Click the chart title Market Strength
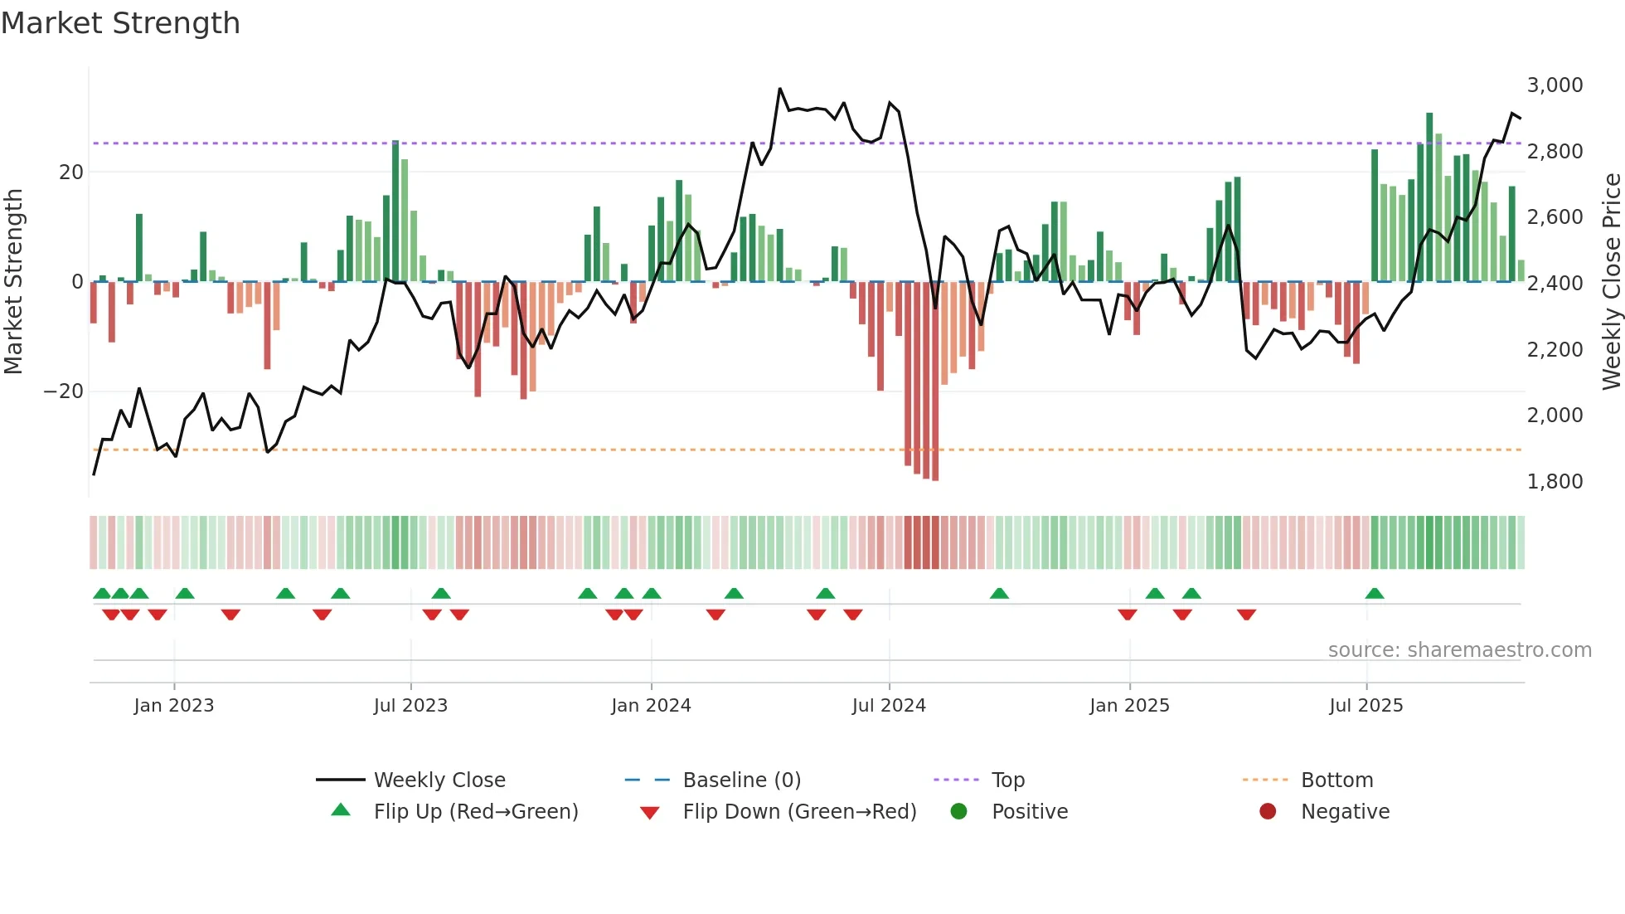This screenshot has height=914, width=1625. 120,23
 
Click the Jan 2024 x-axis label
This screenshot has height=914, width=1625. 651,706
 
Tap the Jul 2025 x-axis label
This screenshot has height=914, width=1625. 1365,706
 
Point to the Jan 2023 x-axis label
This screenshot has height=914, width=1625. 174,706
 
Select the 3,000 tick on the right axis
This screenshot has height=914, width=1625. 1555,85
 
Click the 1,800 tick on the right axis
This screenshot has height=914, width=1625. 1555,482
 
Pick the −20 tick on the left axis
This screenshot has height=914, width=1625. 64,391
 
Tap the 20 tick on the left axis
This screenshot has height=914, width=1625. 71,173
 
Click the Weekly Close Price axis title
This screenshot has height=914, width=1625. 1611,282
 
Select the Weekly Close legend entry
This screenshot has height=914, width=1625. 439,780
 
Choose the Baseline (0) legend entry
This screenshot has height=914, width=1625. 741,780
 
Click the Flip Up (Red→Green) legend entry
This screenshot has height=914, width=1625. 475,812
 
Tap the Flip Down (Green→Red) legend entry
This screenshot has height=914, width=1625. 799,812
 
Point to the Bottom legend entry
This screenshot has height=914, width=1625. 1336,780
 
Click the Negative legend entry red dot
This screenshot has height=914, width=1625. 1268,812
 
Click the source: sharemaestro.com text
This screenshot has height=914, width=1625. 1459,650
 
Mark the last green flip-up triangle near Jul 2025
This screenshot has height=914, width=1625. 1374,594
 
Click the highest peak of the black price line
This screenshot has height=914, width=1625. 779,89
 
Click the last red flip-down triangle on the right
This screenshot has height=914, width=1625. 1246,615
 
